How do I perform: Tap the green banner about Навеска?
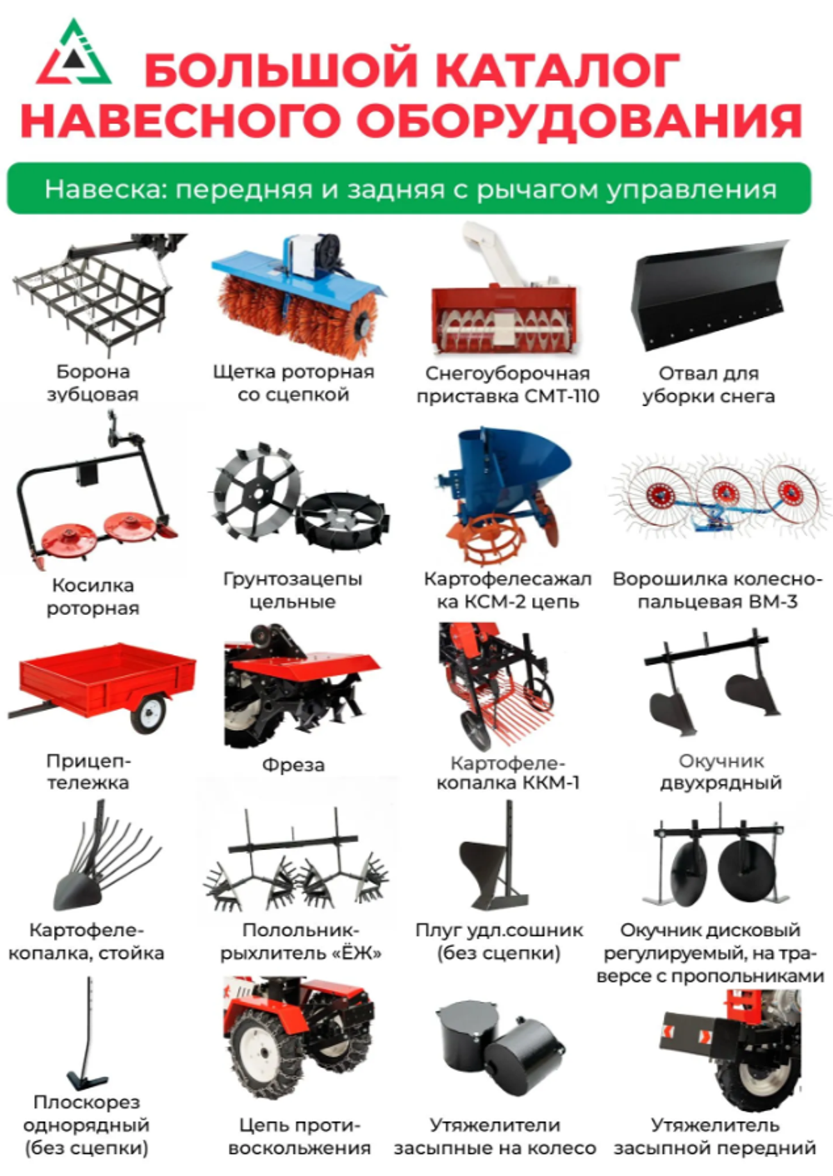[x=409, y=189]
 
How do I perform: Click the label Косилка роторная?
[x=92, y=597]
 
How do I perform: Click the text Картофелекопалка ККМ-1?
[x=507, y=772]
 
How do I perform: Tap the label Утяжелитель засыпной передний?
[x=714, y=1137]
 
